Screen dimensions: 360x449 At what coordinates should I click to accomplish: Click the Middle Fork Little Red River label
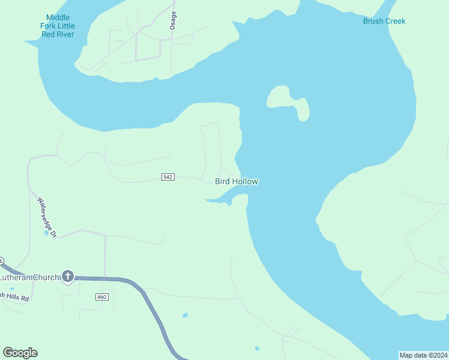point(57,26)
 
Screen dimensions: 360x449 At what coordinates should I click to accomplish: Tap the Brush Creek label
point(384,21)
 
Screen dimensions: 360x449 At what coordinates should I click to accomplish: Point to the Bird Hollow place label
point(237,181)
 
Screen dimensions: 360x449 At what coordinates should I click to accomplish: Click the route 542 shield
point(168,177)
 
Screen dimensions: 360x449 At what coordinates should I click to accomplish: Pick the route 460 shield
point(101,297)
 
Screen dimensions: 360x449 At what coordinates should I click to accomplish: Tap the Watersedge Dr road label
point(46,217)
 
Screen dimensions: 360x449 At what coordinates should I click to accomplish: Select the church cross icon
point(68,276)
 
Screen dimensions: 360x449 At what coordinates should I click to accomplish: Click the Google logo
point(20,353)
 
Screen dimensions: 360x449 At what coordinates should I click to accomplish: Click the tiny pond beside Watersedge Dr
point(46,233)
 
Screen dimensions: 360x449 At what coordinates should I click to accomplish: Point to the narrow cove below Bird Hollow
point(223,198)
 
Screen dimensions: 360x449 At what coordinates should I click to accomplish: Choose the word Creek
point(395,21)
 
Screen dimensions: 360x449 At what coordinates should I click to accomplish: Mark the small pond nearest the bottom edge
point(257,348)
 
